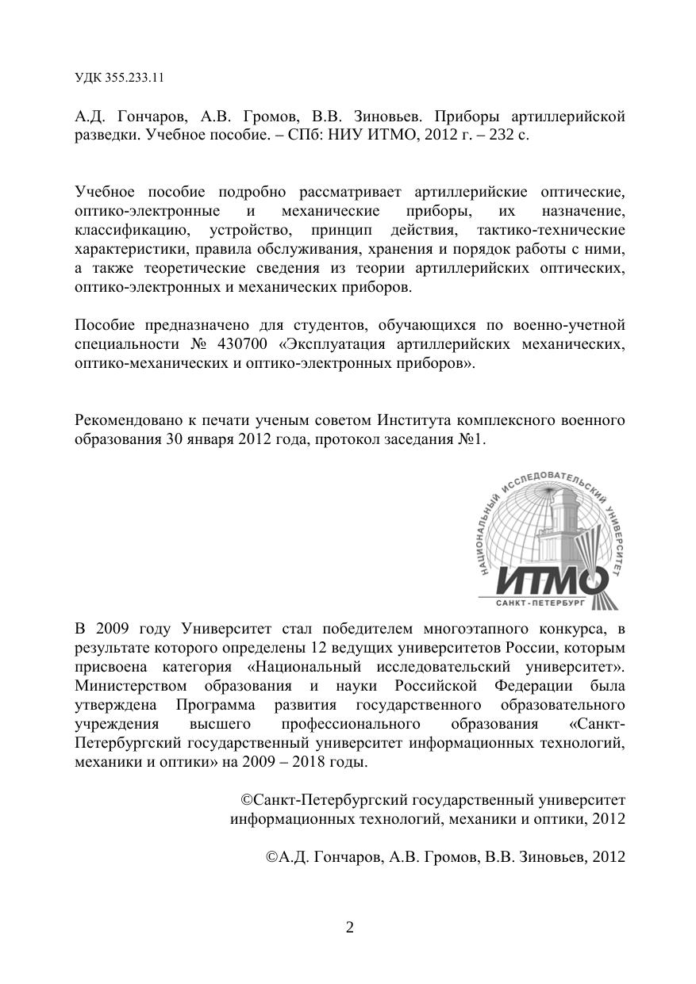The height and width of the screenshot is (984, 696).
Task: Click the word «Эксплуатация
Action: [337, 344]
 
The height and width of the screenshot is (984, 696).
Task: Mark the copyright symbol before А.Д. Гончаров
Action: [271, 857]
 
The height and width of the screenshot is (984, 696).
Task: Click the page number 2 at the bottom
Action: [349, 928]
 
